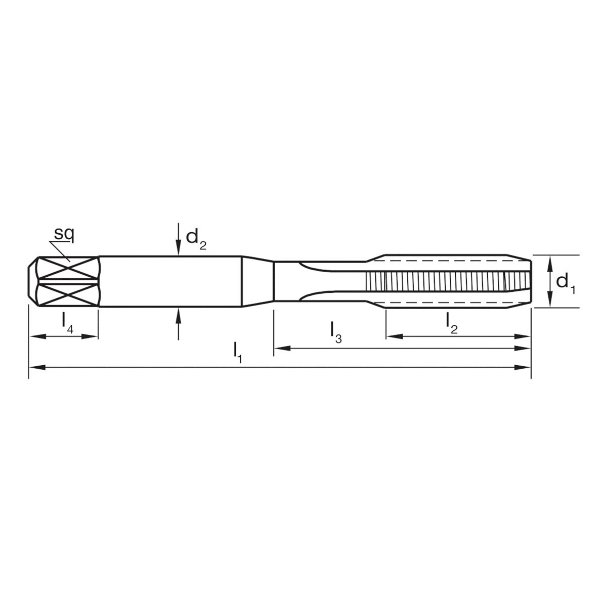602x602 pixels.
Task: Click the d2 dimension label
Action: coord(196,237)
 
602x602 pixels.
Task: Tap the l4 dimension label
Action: coord(67,322)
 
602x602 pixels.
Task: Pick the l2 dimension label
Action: coord(451,322)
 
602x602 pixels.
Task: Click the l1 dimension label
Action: coord(238,352)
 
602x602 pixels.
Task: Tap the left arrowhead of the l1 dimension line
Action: coord(34,368)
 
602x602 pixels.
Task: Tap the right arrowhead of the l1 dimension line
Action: coord(525,368)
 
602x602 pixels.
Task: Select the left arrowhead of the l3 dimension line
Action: coord(280,348)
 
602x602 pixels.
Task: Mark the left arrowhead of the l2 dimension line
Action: coord(393,336)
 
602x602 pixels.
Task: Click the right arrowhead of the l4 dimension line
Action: coord(92,336)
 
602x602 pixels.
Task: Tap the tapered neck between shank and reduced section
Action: coord(257,281)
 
